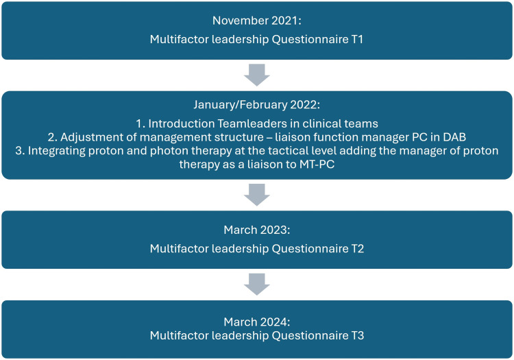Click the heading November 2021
click(x=257, y=21)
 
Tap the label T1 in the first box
click(x=356, y=40)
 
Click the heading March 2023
click(x=257, y=230)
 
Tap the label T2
click(x=356, y=249)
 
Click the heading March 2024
click(x=257, y=321)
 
